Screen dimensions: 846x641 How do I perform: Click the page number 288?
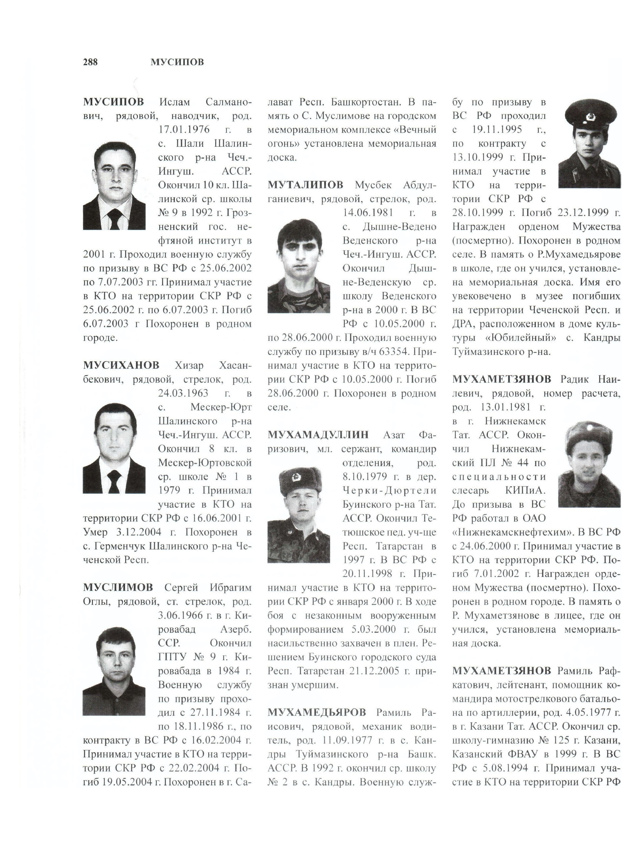click(90, 62)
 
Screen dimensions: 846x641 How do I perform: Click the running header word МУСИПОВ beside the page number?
click(177, 62)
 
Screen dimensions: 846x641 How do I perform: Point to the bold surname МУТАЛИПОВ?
click(305, 185)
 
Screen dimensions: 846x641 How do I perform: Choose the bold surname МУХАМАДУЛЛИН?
click(318, 435)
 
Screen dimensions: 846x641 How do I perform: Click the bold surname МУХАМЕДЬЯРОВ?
click(317, 712)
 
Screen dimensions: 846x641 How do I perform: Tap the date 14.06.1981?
click(368, 213)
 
